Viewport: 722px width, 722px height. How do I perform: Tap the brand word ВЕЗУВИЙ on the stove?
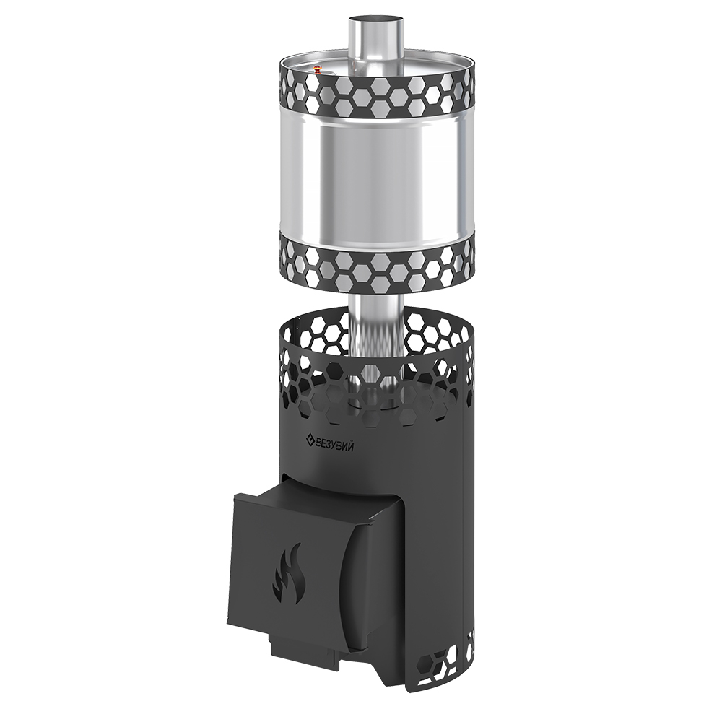pos(335,444)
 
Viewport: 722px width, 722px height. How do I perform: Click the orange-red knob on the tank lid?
pos(317,70)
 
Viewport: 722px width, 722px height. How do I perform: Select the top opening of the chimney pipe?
pos(375,22)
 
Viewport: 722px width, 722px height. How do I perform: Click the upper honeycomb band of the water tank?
pos(378,95)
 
